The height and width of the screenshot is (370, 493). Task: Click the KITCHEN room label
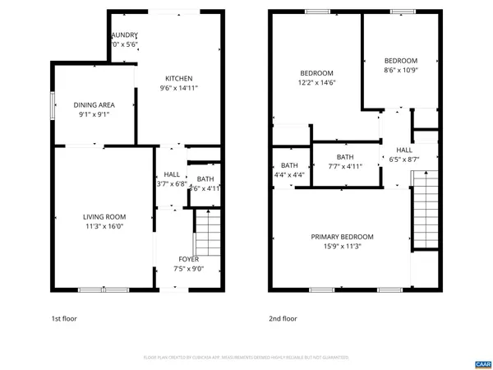pyautogui.click(x=178, y=78)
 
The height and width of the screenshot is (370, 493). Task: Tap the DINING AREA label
pyautogui.click(x=94, y=104)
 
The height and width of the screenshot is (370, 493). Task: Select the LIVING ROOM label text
pyautogui.click(x=104, y=217)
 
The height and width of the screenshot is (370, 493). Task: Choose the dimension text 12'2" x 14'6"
pyautogui.click(x=316, y=82)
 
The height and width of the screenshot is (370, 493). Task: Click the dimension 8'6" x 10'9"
pyautogui.click(x=401, y=71)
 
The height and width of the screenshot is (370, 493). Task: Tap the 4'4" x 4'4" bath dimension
pyautogui.click(x=289, y=174)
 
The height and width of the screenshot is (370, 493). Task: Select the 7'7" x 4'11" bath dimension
pyautogui.click(x=344, y=167)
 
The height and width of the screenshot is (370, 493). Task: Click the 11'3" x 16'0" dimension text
pyautogui.click(x=104, y=226)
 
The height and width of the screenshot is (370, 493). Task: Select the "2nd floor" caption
pyautogui.click(x=282, y=318)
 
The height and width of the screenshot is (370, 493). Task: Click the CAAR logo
pyautogui.click(x=482, y=363)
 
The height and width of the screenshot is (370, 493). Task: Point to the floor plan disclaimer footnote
pyautogui.click(x=246, y=358)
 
